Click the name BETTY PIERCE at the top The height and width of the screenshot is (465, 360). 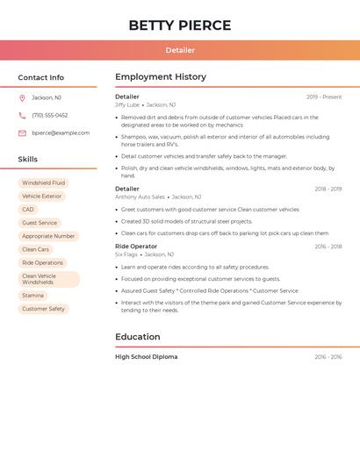180,25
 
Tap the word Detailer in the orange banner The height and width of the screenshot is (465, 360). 180,50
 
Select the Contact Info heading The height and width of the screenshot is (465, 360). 41,77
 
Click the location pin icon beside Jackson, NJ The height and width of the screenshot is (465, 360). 22,97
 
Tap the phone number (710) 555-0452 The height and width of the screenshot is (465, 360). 50,115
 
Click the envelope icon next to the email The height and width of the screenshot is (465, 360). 22,132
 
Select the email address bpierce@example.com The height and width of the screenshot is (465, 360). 61,132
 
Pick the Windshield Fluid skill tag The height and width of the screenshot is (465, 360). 43,182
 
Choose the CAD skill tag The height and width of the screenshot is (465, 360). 28,210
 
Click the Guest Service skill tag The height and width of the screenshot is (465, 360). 40,223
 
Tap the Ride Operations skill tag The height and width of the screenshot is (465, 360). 42,262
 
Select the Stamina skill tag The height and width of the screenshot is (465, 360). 32,296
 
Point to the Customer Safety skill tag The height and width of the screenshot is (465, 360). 43,309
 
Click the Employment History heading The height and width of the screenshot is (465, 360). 161,77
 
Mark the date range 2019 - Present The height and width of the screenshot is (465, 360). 324,97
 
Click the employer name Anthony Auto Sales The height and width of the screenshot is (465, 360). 140,197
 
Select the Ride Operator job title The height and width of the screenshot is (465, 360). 136,247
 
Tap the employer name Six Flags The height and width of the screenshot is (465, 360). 126,254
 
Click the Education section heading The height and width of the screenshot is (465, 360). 138,337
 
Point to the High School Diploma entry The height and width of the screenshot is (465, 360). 146,357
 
